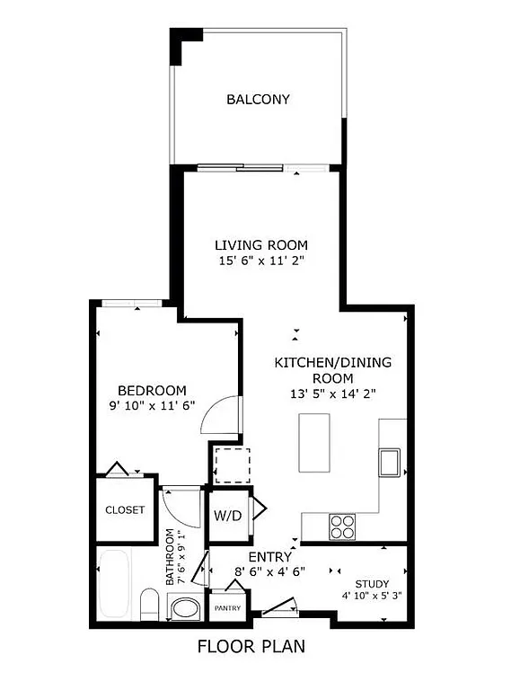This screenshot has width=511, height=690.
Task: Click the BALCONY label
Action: pyautogui.click(x=258, y=100)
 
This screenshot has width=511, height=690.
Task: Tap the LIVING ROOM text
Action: pyautogui.click(x=260, y=245)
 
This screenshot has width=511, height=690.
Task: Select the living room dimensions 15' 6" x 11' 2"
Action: pyautogui.click(x=260, y=261)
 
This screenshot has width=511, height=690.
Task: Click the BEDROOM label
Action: pyautogui.click(x=153, y=390)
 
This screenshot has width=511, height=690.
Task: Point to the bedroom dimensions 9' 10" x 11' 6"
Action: pyautogui.click(x=153, y=406)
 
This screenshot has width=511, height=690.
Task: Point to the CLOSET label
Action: pyautogui.click(x=125, y=509)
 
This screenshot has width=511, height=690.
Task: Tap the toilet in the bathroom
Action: pyautogui.click(x=150, y=604)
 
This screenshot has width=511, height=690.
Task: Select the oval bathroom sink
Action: pyautogui.click(x=187, y=609)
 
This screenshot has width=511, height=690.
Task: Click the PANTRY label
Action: pyautogui.click(x=227, y=608)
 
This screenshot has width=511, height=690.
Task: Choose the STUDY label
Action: pyautogui.click(x=372, y=582)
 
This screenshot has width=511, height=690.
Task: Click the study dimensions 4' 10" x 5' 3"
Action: pyautogui.click(x=372, y=596)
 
